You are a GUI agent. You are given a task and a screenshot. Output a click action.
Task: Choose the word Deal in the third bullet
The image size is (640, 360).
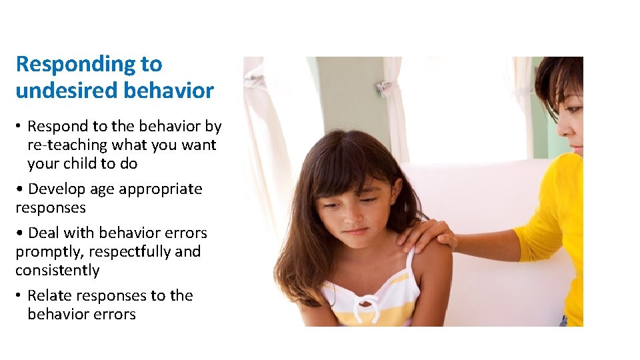click(x=43, y=233)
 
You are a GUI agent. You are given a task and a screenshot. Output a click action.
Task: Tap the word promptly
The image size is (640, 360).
click(x=45, y=253)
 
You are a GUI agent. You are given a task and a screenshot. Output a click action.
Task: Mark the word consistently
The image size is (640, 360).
click(x=57, y=271)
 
